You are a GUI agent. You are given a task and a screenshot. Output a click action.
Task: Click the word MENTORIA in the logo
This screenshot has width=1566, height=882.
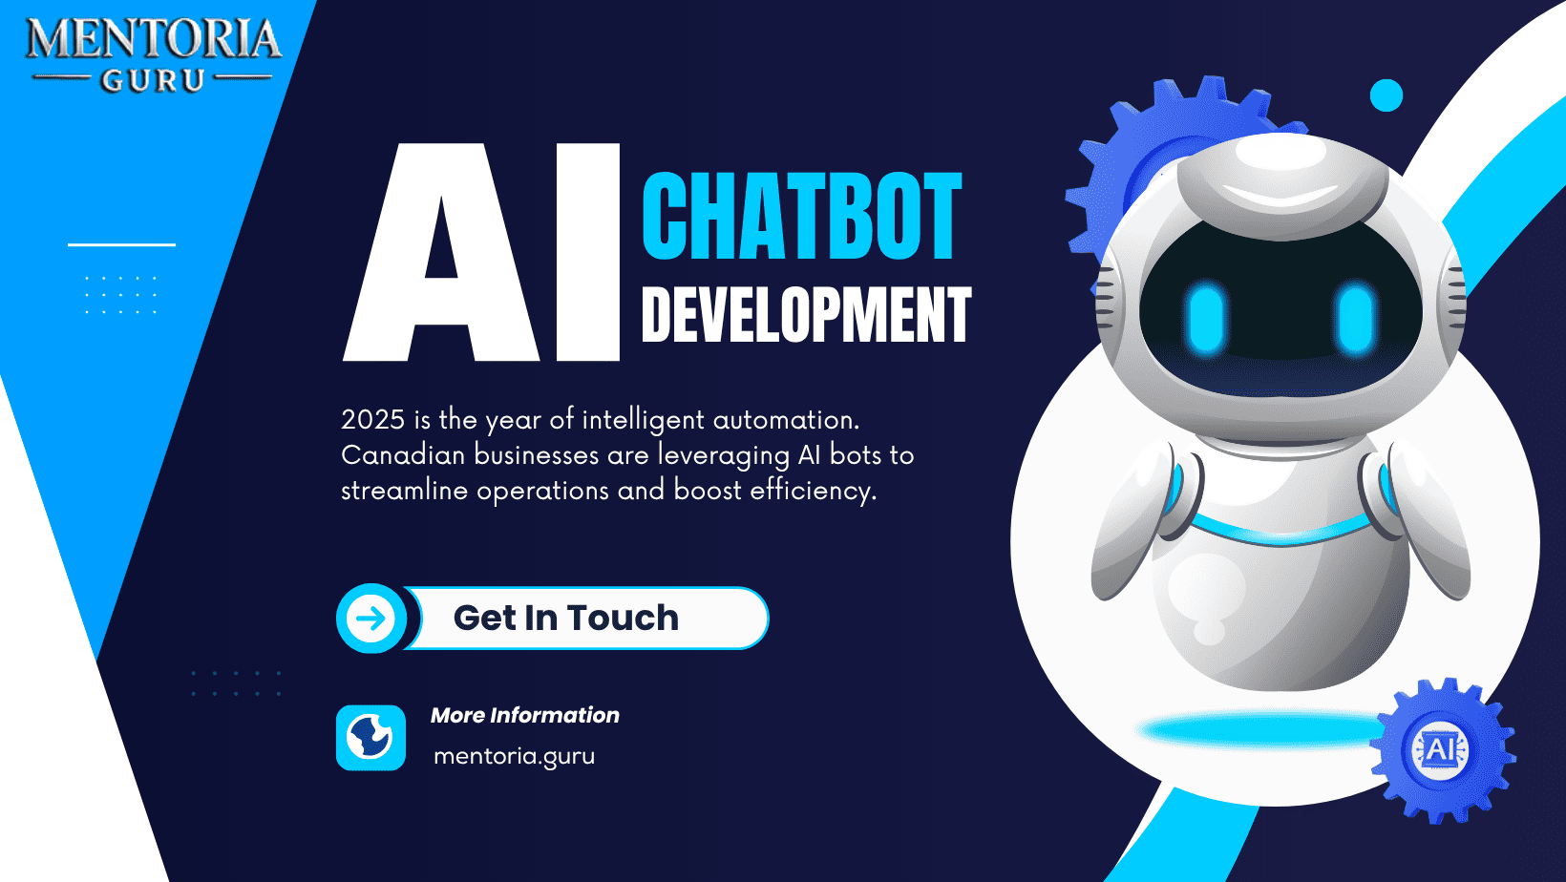tap(153, 39)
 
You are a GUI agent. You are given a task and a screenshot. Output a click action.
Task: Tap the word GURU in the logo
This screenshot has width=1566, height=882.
tap(153, 81)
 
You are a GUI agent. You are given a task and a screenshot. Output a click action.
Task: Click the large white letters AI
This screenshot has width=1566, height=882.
tap(482, 253)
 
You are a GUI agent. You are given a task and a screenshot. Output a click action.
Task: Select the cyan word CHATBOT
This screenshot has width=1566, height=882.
tap(801, 217)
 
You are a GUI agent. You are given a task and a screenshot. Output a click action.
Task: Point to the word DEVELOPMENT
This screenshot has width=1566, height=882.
tap(806, 315)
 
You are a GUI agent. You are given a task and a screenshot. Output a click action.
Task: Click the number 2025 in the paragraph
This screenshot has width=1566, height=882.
tap(372, 420)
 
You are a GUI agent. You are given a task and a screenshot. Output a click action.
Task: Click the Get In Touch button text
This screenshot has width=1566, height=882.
tap(565, 619)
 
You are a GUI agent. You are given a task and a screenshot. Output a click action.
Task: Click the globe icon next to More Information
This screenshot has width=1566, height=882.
tap(370, 738)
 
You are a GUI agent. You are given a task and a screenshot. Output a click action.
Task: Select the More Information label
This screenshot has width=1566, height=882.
tap(524, 716)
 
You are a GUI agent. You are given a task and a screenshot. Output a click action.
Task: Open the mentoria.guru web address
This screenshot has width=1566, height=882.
tap(514, 756)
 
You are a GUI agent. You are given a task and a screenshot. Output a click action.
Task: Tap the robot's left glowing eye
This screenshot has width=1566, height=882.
tap(1207, 317)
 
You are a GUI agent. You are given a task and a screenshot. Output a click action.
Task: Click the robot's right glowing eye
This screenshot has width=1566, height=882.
tap(1355, 317)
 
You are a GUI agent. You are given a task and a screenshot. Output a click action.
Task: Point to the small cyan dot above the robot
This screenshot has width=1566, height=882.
tap(1386, 95)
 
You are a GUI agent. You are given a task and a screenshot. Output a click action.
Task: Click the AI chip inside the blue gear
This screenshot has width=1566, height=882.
tap(1441, 750)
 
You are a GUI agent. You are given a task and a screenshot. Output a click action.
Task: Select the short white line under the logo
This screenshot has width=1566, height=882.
tap(121, 244)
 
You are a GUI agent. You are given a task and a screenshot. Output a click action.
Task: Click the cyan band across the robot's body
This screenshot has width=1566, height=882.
tap(1280, 533)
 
